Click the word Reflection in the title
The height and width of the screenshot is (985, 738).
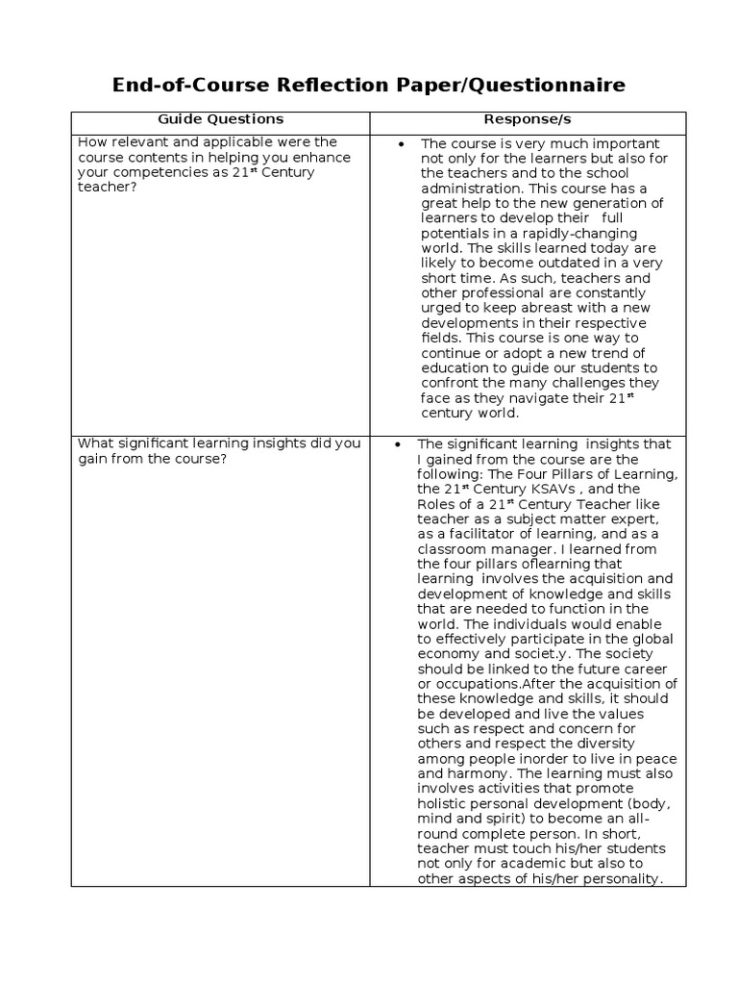pos(321,86)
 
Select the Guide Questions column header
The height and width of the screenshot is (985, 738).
pos(221,119)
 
